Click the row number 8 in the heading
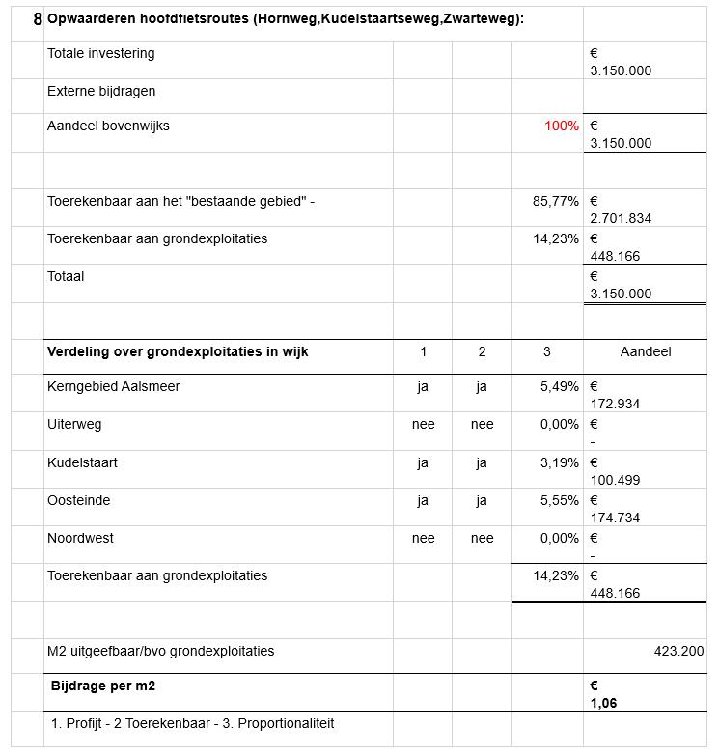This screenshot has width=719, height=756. coord(37,19)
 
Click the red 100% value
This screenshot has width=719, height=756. coord(561,126)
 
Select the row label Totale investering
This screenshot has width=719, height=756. coord(100,53)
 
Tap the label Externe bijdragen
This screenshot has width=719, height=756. coord(101,91)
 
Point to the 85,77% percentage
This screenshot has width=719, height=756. coord(555,201)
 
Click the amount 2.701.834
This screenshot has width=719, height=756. coord(621,218)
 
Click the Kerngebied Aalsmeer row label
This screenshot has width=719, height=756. coord(113,386)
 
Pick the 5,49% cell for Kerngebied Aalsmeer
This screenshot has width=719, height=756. coord(559,386)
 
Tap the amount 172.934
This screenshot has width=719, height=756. coord(615,404)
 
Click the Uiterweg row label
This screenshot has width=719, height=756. coord(74,424)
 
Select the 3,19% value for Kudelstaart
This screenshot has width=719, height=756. coord(559,462)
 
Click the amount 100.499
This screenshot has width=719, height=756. coord(615,480)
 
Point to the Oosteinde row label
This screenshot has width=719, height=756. coord(78,500)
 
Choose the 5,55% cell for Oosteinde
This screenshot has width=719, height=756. coord(559,500)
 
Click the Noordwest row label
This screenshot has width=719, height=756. coord(80,538)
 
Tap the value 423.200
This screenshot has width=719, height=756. coord(678,651)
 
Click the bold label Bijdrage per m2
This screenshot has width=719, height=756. coord(103,686)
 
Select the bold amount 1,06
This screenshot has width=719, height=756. coord(603,703)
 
